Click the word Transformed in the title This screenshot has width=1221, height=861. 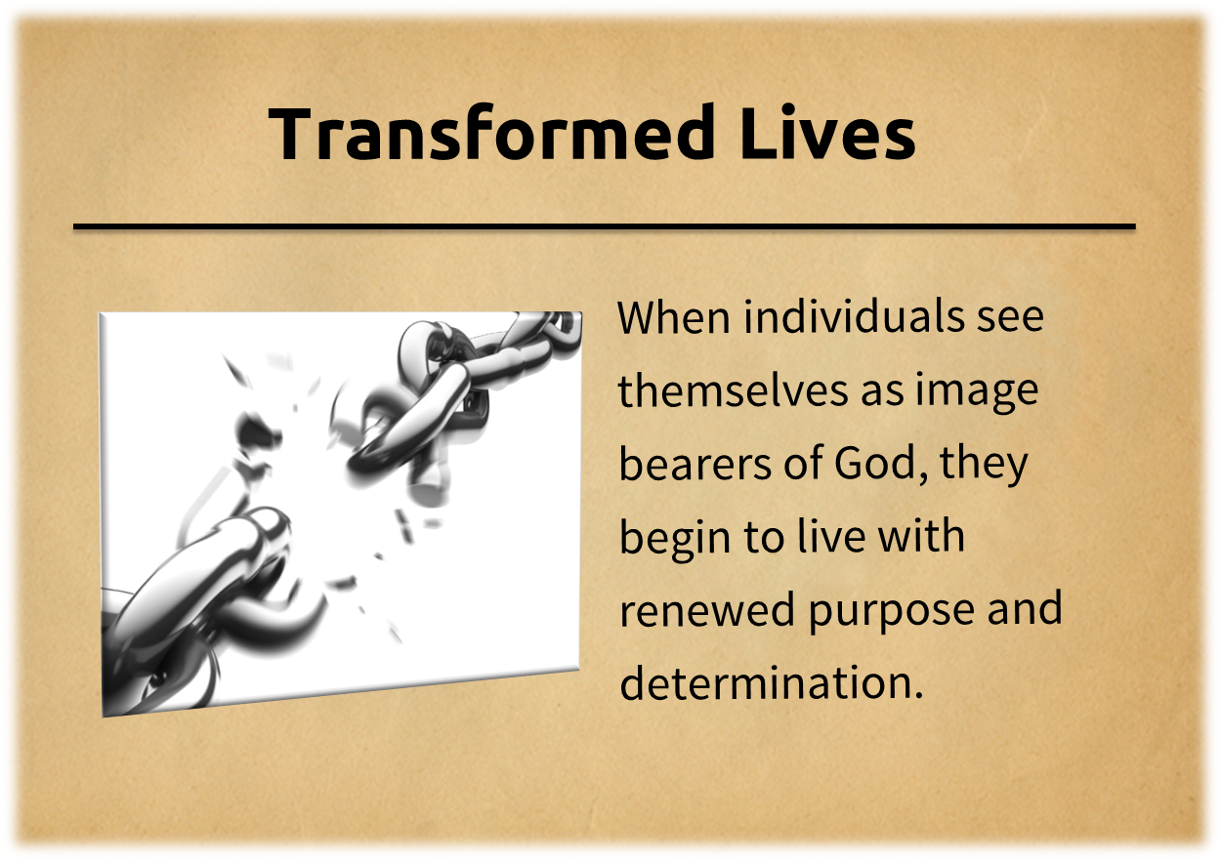coord(491,134)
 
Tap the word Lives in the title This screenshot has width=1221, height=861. coord(828,134)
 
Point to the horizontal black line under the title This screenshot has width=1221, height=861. coord(605,226)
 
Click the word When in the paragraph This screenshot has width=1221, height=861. coord(674,317)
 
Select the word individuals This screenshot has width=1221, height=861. coord(854,316)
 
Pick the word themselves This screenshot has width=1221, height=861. coord(734,389)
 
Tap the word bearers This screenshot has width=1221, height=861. coord(695,464)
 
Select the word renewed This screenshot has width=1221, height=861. coord(707,611)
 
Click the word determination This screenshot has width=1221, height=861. coord(772,683)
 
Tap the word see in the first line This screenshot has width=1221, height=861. coord(1010,318)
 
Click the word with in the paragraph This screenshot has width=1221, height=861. coord(921,537)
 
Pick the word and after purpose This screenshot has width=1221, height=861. coord(1025,610)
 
